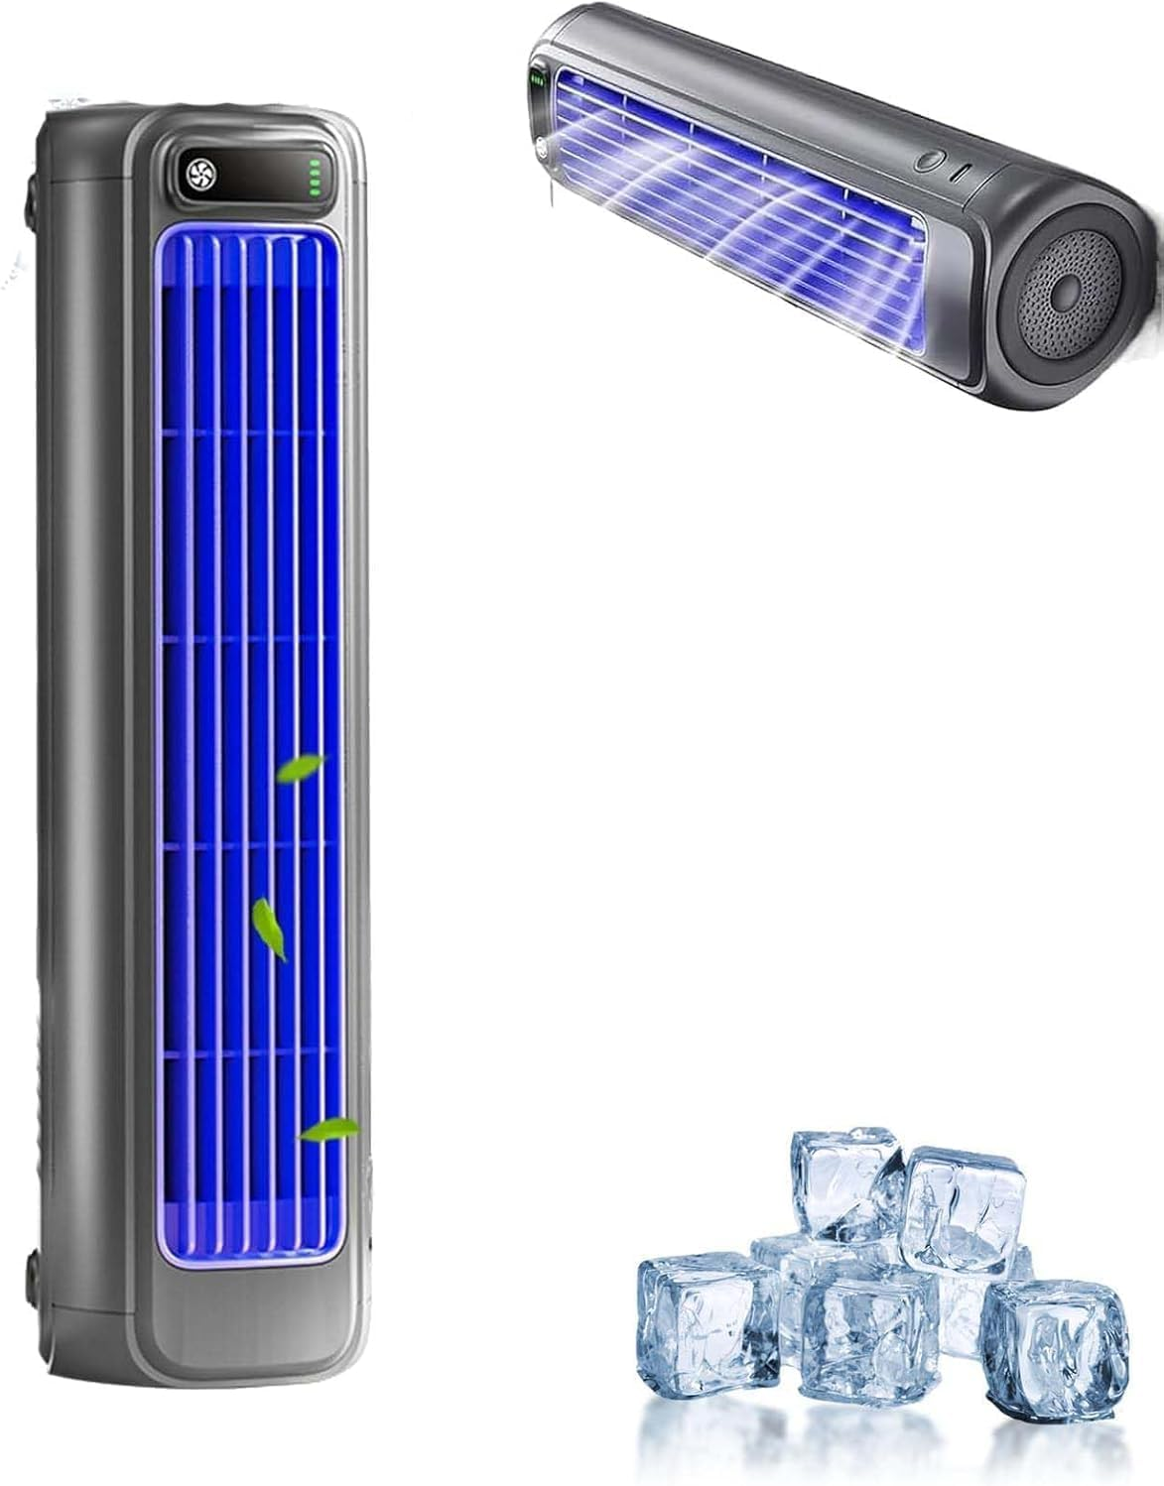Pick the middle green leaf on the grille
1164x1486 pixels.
coord(269,928)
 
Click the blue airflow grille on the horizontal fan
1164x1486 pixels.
coord(734,179)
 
